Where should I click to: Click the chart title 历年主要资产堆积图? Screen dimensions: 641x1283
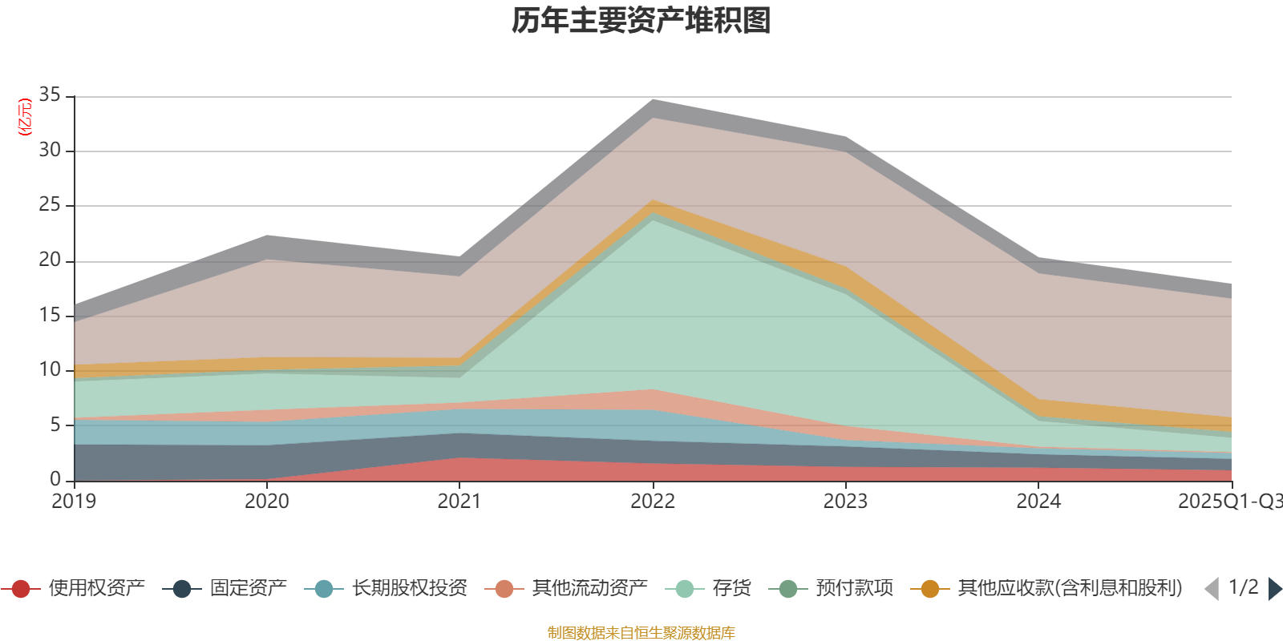[x=641, y=22]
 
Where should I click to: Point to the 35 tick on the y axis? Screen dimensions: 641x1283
[x=50, y=95]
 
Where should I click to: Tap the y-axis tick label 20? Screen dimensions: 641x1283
[x=50, y=260]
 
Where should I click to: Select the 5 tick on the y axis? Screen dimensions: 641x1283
[x=55, y=425]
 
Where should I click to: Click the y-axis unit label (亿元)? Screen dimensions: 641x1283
[x=25, y=117]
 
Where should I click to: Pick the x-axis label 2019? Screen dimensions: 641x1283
[x=74, y=502]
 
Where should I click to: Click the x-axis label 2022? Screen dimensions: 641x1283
[x=653, y=502]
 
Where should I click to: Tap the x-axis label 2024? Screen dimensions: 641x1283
[x=1038, y=502]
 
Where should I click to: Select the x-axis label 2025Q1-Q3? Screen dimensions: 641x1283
[x=1229, y=502]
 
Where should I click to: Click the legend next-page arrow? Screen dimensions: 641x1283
[x=1275, y=589]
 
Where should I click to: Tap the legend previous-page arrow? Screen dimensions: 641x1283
[x=1212, y=589]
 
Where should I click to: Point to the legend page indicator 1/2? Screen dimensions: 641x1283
[x=1243, y=587]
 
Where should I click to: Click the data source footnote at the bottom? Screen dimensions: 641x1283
[x=641, y=633]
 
